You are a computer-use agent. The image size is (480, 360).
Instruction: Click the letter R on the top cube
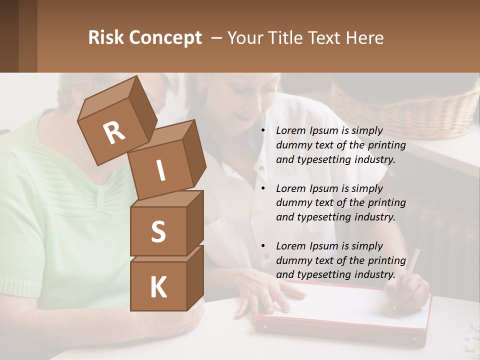(114, 133)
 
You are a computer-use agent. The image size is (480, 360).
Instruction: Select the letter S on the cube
(158, 231)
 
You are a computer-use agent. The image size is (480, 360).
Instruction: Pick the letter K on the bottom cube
(158, 287)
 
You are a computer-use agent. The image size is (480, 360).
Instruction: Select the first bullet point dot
(263, 131)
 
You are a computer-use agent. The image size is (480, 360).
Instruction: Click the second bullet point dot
(263, 189)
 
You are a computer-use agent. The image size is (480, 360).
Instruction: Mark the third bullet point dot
(263, 246)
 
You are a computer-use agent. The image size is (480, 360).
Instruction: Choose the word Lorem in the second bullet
(290, 188)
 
